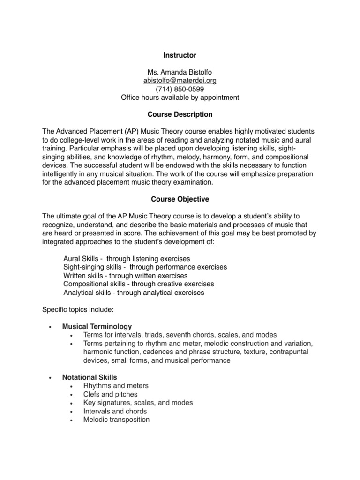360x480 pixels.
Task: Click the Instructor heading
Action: pyautogui.click(x=180, y=55)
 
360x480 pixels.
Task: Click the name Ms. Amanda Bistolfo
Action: pyautogui.click(x=180, y=72)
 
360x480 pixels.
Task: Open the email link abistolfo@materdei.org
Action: pyautogui.click(x=180, y=81)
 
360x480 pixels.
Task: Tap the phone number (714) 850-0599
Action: pyautogui.click(x=180, y=89)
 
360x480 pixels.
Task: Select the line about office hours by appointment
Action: pyautogui.click(x=180, y=97)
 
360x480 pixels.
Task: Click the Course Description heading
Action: pyautogui.click(x=180, y=114)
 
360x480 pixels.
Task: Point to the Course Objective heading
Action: pyautogui.click(x=180, y=199)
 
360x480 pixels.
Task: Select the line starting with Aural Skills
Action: pyautogui.click(x=127, y=259)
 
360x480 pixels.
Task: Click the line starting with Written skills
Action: pyautogui.click(x=125, y=276)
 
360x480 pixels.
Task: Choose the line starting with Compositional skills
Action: pyautogui.click(x=138, y=284)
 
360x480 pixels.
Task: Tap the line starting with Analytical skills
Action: pyautogui.click(x=134, y=292)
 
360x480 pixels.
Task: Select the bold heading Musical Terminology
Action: pyautogui.click(x=97, y=326)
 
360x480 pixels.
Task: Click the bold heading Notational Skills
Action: pyautogui.click(x=90, y=377)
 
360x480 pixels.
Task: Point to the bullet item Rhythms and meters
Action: pyautogui.click(x=116, y=386)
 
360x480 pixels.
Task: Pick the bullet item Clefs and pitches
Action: pyautogui.click(x=110, y=394)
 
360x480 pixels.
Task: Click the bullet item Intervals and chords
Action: pyautogui.click(x=115, y=411)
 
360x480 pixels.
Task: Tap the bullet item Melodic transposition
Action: pyautogui.click(x=116, y=420)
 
